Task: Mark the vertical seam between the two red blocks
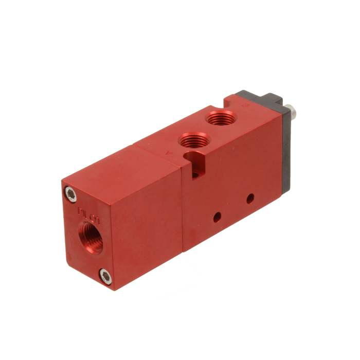coord(183,206)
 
